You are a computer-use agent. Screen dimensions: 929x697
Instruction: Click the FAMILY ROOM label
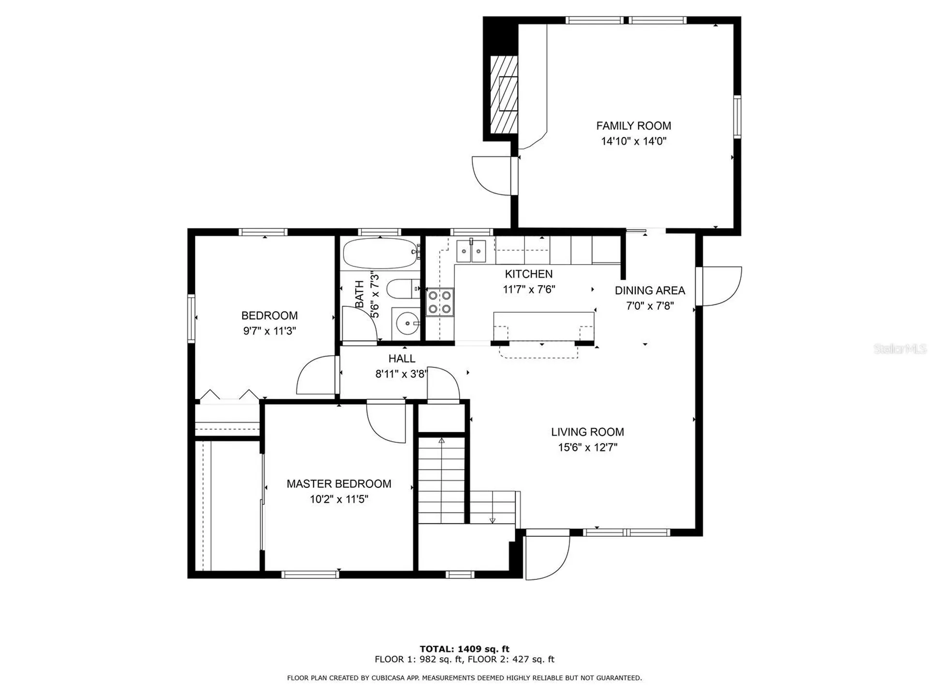click(x=633, y=126)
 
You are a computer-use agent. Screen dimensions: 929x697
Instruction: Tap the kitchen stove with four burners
click(x=440, y=302)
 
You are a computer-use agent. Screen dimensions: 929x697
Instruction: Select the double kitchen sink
click(x=471, y=250)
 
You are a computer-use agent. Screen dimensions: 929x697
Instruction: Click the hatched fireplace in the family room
click(x=504, y=94)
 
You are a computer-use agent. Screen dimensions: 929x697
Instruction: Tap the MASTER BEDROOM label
click(x=339, y=484)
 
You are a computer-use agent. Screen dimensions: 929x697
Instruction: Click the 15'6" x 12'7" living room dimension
click(x=587, y=447)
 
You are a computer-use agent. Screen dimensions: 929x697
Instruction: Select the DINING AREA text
click(x=650, y=290)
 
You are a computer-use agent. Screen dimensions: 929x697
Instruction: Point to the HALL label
click(x=402, y=359)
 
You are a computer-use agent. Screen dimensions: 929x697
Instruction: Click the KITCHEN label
click(x=528, y=274)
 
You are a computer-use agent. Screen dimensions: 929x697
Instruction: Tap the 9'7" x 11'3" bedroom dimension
click(x=270, y=331)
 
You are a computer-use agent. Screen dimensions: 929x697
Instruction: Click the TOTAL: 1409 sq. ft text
click(x=464, y=649)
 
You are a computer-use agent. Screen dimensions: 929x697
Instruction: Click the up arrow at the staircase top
click(x=441, y=441)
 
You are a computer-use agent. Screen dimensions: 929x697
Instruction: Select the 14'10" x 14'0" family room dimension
click(x=634, y=141)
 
